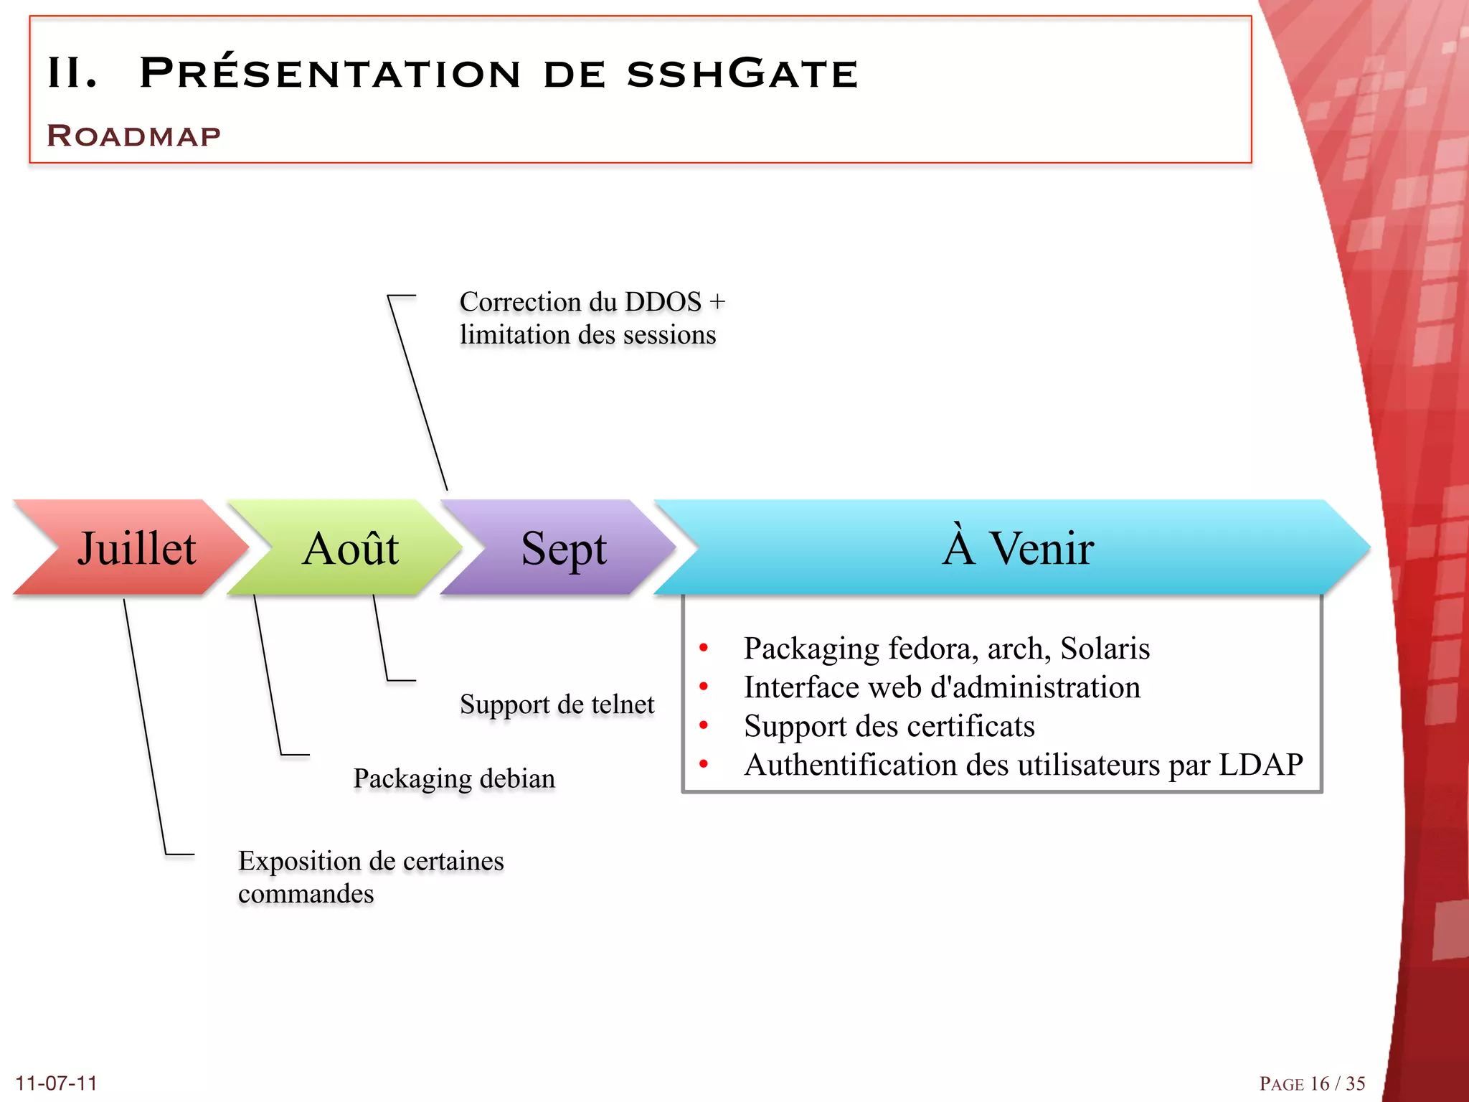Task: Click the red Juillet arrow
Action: coord(136,548)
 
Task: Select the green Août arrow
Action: coord(350,548)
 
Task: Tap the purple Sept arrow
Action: coord(564,548)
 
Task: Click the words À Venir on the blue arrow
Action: coord(1018,548)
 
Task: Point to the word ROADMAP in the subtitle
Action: coord(134,136)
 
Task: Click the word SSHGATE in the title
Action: coord(742,73)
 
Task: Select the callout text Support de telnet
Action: coord(557,704)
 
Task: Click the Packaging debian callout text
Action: coord(454,778)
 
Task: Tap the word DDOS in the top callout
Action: coord(663,302)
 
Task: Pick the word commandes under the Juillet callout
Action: coord(306,894)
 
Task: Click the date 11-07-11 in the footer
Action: coord(56,1083)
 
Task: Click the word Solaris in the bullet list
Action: coord(1105,649)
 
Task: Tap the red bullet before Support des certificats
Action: coord(704,725)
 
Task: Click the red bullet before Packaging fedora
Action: coord(704,648)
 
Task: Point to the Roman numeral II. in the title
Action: coord(72,73)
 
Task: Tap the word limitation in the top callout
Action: coord(514,335)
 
